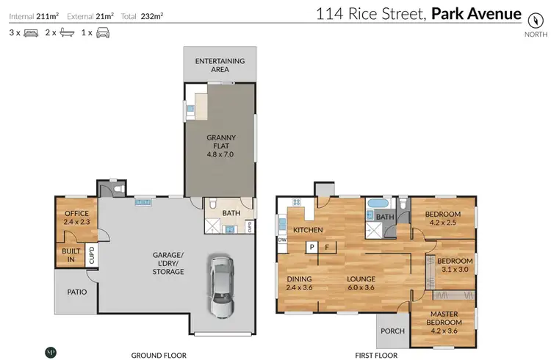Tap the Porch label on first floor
392,331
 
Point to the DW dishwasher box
282,240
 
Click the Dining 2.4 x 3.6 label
300,283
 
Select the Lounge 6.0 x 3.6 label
361,283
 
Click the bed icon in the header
31,33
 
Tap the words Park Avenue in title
477,14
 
